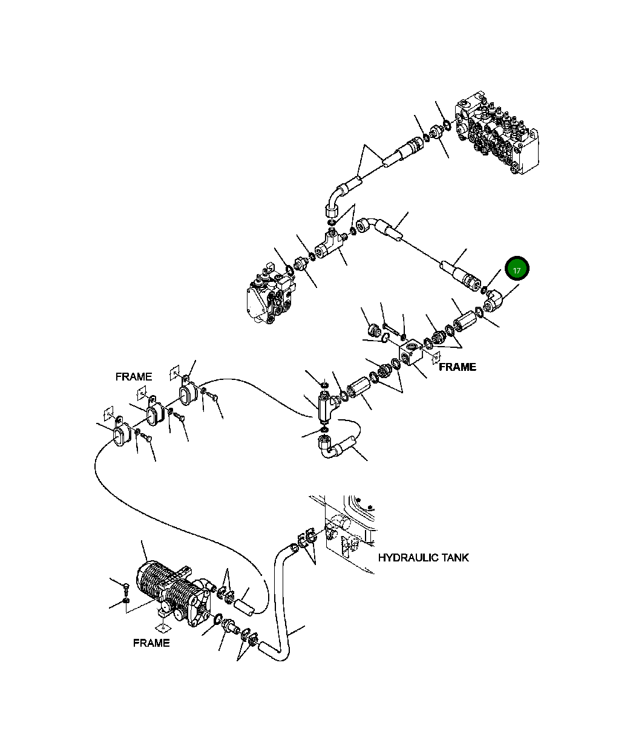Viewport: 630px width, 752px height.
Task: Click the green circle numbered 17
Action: click(x=517, y=270)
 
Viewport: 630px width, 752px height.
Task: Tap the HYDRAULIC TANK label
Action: click(x=423, y=557)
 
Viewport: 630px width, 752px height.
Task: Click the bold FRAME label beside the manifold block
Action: click(x=457, y=367)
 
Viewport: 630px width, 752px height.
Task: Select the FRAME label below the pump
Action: click(x=151, y=642)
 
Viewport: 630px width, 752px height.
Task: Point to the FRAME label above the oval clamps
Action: click(x=134, y=376)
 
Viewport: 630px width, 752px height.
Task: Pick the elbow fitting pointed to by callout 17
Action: click(x=494, y=301)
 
